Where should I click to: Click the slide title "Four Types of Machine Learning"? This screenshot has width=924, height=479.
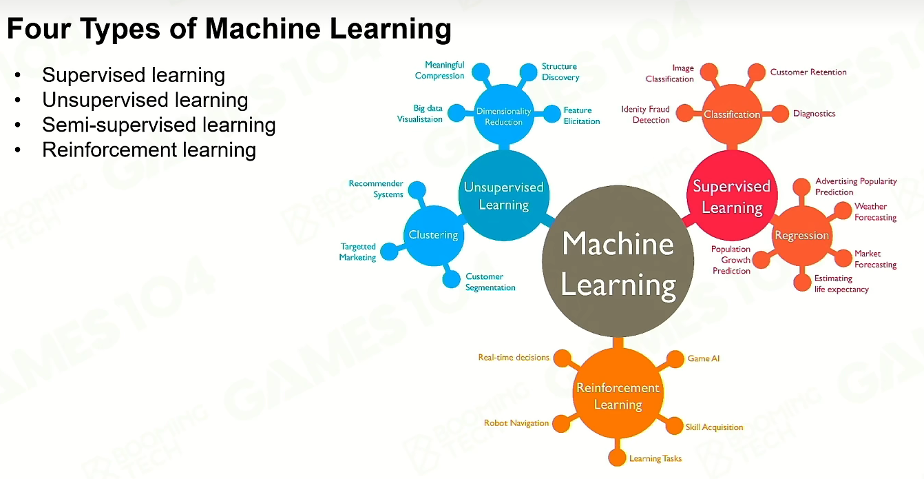pyautogui.click(x=229, y=29)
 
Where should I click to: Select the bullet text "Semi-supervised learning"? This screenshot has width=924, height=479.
pyautogui.click(x=159, y=125)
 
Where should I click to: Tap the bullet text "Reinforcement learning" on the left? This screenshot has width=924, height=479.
pyautogui.click(x=149, y=150)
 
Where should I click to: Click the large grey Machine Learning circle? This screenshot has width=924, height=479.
pyautogui.click(x=618, y=261)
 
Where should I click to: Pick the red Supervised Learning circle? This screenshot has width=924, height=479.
pyautogui.click(x=732, y=195)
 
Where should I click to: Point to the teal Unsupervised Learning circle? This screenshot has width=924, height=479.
pyautogui.click(x=504, y=195)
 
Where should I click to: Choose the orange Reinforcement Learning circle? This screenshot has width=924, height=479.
pyautogui.click(x=618, y=393)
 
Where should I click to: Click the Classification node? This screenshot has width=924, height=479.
pyautogui.click(x=732, y=114)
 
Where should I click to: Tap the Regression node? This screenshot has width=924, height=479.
pyautogui.click(x=802, y=236)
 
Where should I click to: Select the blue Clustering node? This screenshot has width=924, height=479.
pyautogui.click(x=434, y=236)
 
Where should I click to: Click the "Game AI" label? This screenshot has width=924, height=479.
pyautogui.click(x=703, y=358)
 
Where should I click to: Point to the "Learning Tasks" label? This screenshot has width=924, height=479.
pyautogui.click(x=655, y=458)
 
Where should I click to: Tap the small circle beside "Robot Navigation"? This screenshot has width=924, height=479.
pyautogui.click(x=561, y=424)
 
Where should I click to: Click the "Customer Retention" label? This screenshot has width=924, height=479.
pyautogui.click(x=808, y=72)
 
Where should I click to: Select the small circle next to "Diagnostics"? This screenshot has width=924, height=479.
pyautogui.click(x=780, y=114)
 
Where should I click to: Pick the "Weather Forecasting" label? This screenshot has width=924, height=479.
pyautogui.click(x=875, y=212)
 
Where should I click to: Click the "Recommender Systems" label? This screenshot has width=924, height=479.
pyautogui.click(x=376, y=189)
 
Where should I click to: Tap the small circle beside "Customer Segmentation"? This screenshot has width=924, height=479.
pyautogui.click(x=451, y=279)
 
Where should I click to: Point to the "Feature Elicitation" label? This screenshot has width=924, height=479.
pyautogui.click(x=582, y=116)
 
